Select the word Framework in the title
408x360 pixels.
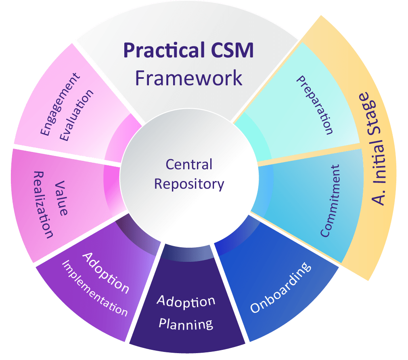click(189, 77)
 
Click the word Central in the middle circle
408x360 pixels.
click(189, 164)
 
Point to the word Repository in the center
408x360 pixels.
click(189, 184)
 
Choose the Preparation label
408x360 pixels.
click(315, 105)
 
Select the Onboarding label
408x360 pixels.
click(281, 288)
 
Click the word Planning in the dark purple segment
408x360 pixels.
click(186, 324)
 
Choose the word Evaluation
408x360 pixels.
click(77, 115)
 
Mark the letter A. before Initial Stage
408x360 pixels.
click(378, 197)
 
